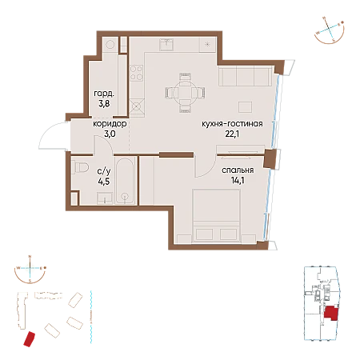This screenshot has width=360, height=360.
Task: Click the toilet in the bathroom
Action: tap(80, 167)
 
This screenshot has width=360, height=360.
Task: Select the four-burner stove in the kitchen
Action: tap(136, 73)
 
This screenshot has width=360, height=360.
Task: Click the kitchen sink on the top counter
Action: tap(166, 45)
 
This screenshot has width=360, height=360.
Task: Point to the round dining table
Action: tap(186, 93)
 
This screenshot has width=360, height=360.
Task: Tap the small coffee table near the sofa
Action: tap(245, 106)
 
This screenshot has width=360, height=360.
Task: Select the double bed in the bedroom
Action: tap(216, 216)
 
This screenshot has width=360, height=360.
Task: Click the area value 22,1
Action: tap(232, 134)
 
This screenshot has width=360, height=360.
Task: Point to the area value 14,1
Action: tap(238, 180)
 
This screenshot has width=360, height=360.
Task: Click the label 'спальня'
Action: tap(238, 170)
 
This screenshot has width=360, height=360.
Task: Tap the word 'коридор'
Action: tap(110, 124)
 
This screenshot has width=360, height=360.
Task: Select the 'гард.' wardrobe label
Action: tap(104, 94)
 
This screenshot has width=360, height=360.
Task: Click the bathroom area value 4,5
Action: tap(103, 182)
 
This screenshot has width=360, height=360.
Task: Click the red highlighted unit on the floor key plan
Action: tap(331, 313)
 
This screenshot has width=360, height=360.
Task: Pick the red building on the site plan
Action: tap(29, 339)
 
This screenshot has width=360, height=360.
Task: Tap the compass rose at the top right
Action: tap(330, 30)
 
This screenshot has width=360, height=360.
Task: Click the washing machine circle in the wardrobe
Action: tap(110, 44)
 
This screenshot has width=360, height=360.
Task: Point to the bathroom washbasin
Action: tap(105, 198)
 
